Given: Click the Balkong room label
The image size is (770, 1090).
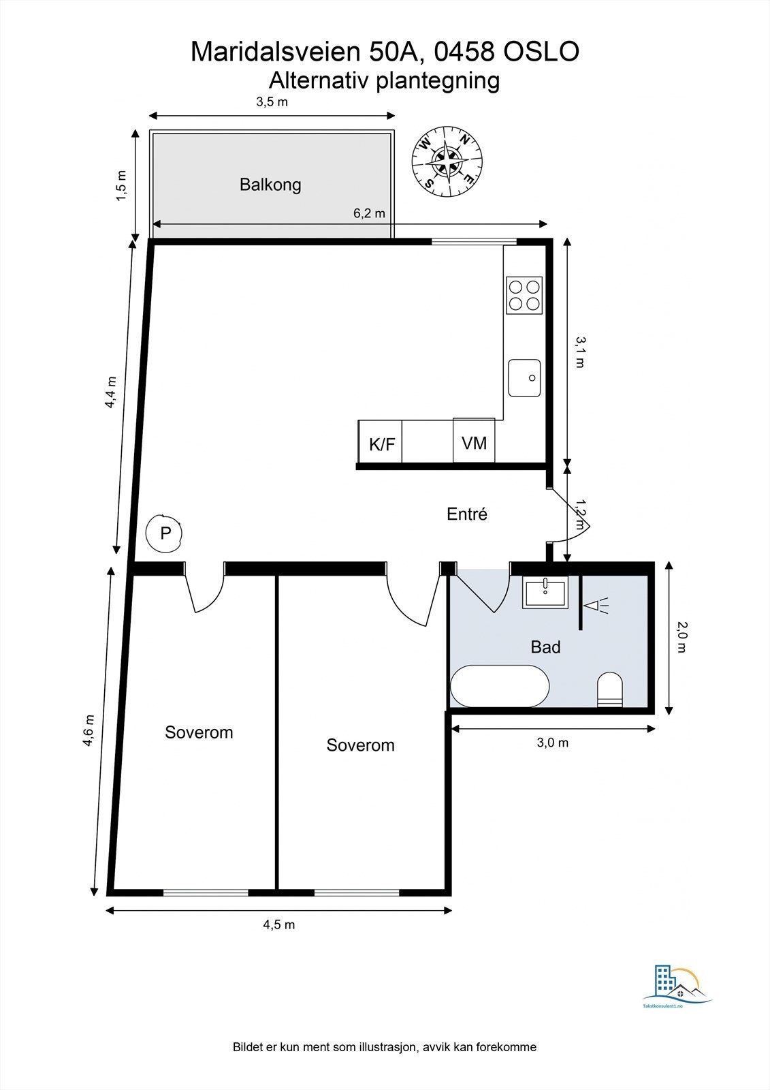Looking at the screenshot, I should (x=270, y=185).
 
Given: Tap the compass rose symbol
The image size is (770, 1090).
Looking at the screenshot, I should (x=447, y=162).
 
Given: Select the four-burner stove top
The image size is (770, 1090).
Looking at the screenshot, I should (x=524, y=296).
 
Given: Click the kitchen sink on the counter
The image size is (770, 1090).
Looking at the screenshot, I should (x=524, y=377).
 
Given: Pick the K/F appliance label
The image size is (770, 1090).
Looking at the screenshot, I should (x=381, y=445).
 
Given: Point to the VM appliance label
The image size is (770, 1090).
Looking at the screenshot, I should (x=474, y=443).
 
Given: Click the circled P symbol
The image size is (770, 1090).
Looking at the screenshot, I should (x=165, y=533).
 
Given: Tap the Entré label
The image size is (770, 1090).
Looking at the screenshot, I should (x=467, y=514).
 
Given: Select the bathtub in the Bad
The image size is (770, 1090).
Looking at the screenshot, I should (x=500, y=686).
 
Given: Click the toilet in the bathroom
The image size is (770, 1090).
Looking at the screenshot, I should (x=609, y=689).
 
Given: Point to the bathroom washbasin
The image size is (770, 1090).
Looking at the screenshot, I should (x=545, y=592).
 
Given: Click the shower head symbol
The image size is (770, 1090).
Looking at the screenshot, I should (x=597, y=605).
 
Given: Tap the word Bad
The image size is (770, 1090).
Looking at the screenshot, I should (x=545, y=647).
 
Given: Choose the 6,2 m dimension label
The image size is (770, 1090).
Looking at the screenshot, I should (x=369, y=213).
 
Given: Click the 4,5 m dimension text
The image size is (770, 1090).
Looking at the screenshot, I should (x=279, y=924).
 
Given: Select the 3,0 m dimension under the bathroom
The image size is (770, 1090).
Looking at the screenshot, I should (x=552, y=743).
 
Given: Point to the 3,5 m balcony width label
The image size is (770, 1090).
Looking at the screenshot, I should (x=272, y=102).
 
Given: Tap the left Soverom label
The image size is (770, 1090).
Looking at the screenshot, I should (x=199, y=732).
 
